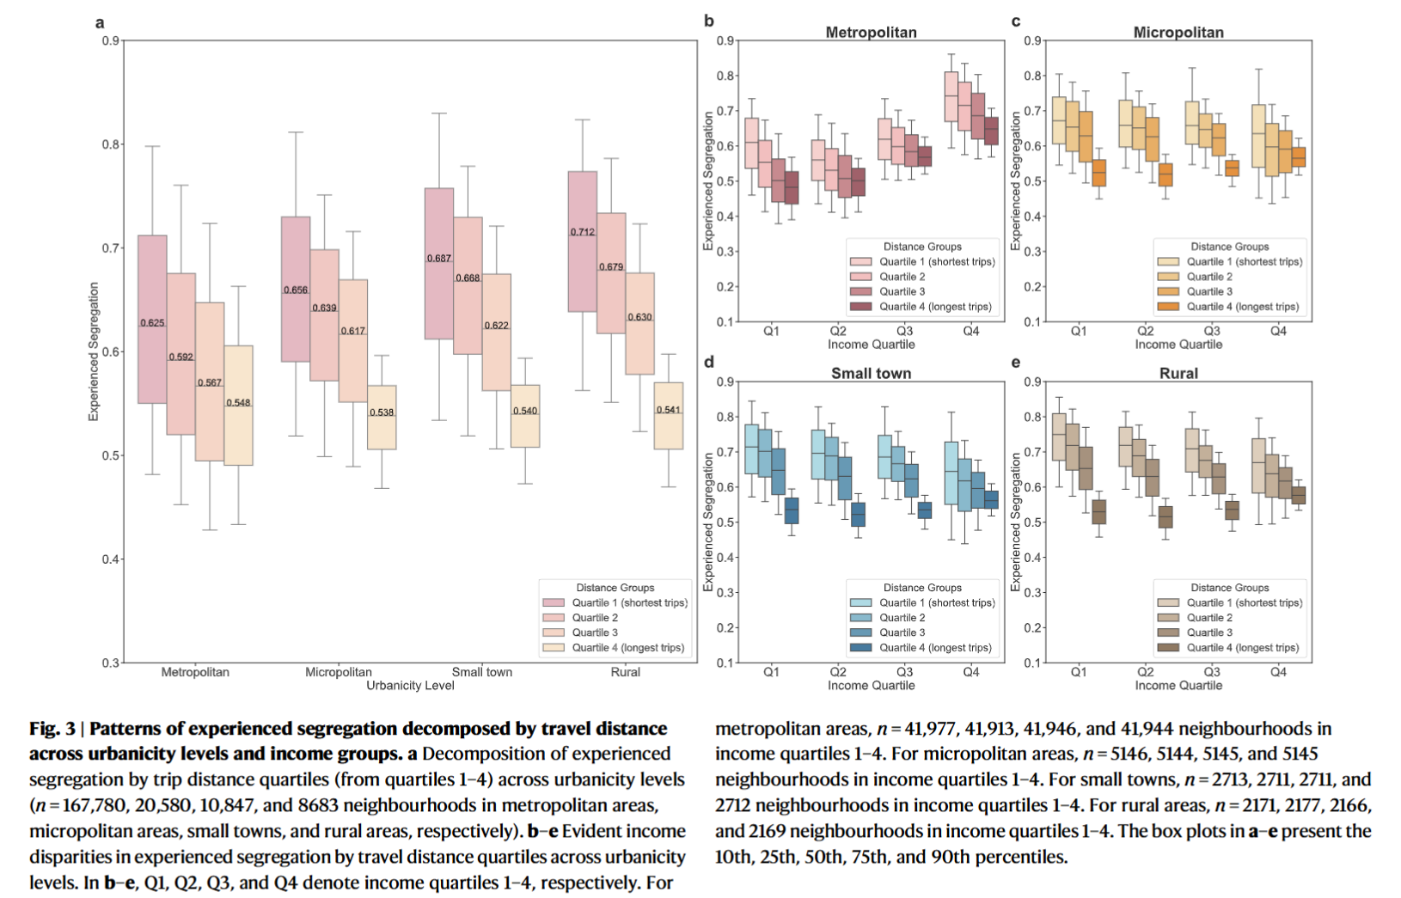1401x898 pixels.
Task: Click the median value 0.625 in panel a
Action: pos(152,323)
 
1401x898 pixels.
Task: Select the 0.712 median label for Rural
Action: pos(582,232)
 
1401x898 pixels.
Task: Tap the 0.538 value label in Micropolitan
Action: pos(382,412)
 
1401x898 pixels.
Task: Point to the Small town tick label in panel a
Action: pos(481,672)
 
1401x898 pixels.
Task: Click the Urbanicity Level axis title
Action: pos(410,686)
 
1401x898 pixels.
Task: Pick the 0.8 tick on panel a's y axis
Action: pos(111,144)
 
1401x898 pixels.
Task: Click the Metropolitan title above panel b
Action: pos(871,33)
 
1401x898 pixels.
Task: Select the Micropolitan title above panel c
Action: pos(1178,33)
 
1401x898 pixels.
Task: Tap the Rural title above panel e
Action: pos(1178,374)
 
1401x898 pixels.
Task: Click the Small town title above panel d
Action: pos(871,374)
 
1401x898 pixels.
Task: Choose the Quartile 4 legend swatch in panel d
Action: pos(860,648)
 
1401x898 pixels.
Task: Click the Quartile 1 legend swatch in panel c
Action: pos(1168,262)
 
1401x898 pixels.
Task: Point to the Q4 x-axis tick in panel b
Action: pos(970,331)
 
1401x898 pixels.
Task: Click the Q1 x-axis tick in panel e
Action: pos(1078,672)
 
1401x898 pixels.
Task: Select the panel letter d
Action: pos(708,363)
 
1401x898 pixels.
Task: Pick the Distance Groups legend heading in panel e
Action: pos(1229,588)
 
